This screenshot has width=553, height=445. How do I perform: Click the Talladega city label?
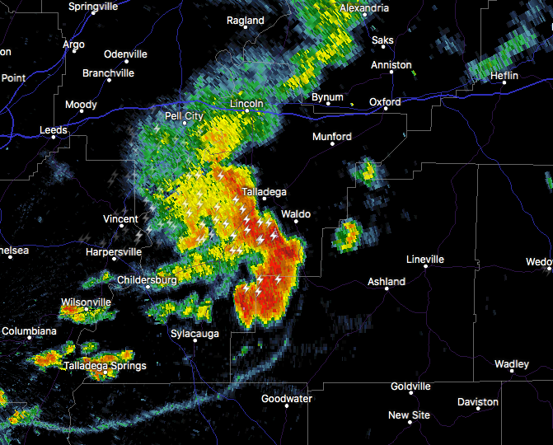point(264,192)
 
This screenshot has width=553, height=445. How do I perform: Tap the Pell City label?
point(184,116)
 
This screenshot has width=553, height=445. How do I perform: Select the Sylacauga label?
point(194,333)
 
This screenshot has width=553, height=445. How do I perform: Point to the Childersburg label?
point(147,280)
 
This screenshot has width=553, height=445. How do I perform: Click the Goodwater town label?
point(287,399)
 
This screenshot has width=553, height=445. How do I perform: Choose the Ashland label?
point(386,282)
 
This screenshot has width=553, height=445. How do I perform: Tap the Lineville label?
point(425,260)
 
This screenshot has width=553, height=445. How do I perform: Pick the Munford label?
point(332,137)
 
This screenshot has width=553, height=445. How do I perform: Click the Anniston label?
point(391,65)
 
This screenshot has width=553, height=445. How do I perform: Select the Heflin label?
point(504,76)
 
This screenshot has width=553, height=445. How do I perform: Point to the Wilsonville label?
point(86,302)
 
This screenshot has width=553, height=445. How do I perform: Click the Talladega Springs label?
point(105,366)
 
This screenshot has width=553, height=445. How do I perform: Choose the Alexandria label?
point(363,8)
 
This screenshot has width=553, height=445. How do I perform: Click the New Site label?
point(410,415)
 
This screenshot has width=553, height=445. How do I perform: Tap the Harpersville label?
point(114,251)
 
